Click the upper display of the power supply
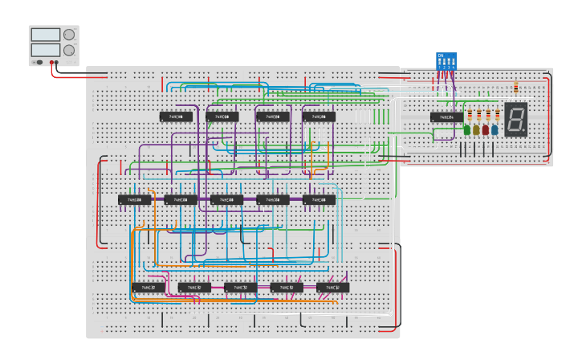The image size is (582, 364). tap(45, 35)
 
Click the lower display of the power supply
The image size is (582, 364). tap(45, 50)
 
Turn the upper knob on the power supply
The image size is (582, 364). tap(69, 35)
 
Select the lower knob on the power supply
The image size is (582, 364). tap(69, 50)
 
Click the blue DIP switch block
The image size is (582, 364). tap(446, 60)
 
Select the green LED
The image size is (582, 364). tap(467, 129)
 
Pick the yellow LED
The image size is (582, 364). tap(476, 129)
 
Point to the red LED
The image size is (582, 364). tap(485, 129)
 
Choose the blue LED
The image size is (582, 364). tap(494, 129)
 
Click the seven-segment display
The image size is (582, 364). tap(515, 119)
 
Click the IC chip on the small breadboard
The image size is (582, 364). tap(446, 117)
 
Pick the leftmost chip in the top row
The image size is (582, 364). tap(176, 117)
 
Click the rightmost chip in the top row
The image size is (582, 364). tap(319, 117)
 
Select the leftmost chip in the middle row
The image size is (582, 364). tap(135, 199)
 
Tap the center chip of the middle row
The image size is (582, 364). tap(227, 199)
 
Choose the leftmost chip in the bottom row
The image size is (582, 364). tap(149, 287)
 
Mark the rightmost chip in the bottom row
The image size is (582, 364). tap(333, 287)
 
